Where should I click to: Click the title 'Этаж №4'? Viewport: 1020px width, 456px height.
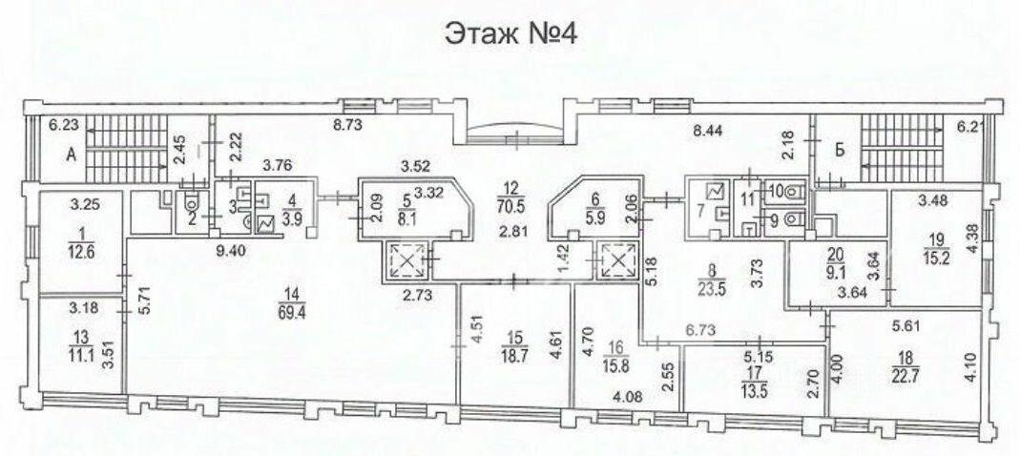click(510, 35)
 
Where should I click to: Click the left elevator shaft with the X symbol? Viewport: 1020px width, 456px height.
click(406, 260)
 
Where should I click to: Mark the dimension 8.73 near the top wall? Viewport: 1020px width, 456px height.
click(346, 125)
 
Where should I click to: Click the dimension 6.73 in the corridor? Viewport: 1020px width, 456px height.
click(701, 330)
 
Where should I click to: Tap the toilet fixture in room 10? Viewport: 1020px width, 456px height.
click(795, 193)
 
